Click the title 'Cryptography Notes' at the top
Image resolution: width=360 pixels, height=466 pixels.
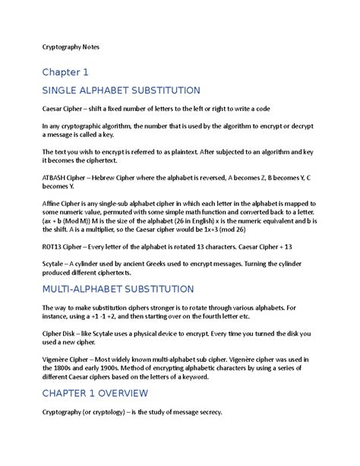(70, 47)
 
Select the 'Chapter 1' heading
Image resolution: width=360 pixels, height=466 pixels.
(65, 72)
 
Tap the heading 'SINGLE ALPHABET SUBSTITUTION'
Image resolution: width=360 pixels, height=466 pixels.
(121, 90)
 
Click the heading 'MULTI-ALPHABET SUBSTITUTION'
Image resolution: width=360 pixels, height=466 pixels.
(118, 290)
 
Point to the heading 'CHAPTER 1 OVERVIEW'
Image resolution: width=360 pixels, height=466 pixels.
(95, 393)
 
